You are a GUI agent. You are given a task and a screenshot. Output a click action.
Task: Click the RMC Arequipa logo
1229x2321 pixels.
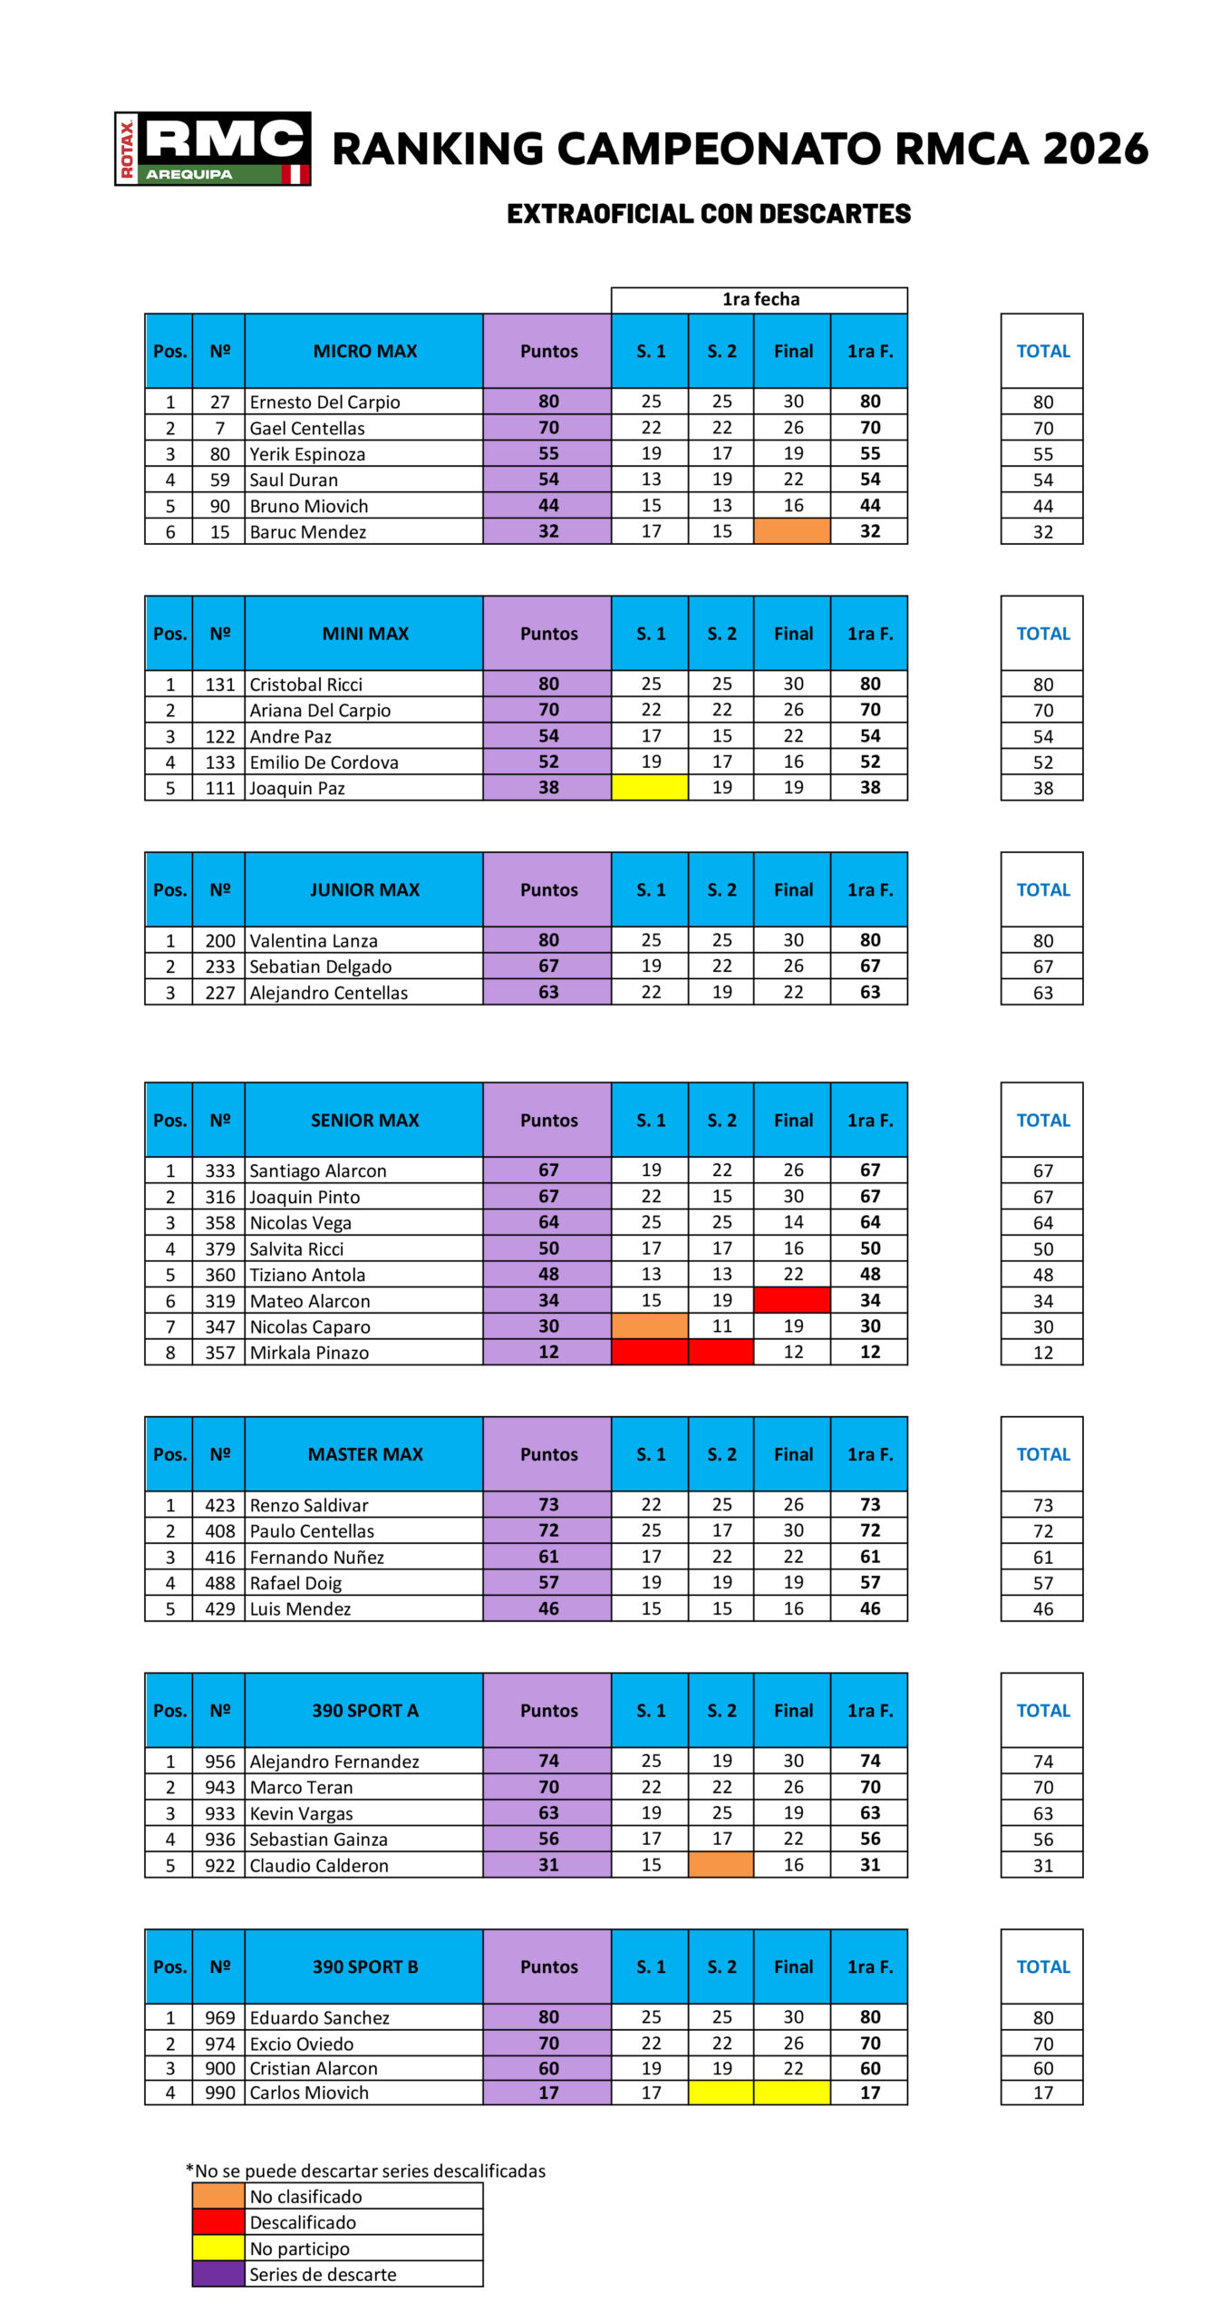coord(212,149)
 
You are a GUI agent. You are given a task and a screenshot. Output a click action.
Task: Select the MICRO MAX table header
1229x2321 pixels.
coord(364,351)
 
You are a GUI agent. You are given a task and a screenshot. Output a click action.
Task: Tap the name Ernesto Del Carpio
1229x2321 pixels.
coord(324,402)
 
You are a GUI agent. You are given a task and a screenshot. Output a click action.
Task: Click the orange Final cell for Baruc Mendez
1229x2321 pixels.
coord(792,531)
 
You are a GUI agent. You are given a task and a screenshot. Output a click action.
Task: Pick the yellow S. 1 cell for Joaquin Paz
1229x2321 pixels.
coord(650,788)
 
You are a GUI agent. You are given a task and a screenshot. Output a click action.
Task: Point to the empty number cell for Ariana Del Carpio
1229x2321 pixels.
coord(218,710)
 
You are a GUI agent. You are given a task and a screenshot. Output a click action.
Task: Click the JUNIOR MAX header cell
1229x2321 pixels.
coord(364,889)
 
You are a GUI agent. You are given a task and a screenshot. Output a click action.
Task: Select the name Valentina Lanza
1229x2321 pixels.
coord(314,940)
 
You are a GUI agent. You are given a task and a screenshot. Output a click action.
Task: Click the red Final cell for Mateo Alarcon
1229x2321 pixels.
coord(792,1300)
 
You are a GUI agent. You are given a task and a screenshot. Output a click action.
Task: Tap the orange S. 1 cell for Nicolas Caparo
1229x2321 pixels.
coord(650,1326)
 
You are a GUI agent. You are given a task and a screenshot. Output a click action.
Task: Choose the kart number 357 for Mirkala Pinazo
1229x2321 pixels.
coord(219,1353)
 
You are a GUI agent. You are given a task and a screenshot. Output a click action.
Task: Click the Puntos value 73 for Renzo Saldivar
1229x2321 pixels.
coord(548,1504)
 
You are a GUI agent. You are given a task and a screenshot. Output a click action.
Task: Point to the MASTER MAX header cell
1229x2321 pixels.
coord(364,1453)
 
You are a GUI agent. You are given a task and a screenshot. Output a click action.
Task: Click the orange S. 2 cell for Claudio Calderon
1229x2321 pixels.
coord(721,1865)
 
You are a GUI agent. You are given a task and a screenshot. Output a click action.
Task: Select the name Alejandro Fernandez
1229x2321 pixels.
coord(334,1761)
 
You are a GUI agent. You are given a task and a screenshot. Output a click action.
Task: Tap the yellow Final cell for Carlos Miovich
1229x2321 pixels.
coord(792,2093)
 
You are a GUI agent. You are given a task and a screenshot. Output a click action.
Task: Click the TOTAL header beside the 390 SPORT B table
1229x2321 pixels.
coord(1042,1967)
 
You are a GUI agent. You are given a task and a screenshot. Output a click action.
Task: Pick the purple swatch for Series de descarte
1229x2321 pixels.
coord(218,2274)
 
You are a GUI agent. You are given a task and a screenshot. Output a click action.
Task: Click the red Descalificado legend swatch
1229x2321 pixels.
coord(218,2222)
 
